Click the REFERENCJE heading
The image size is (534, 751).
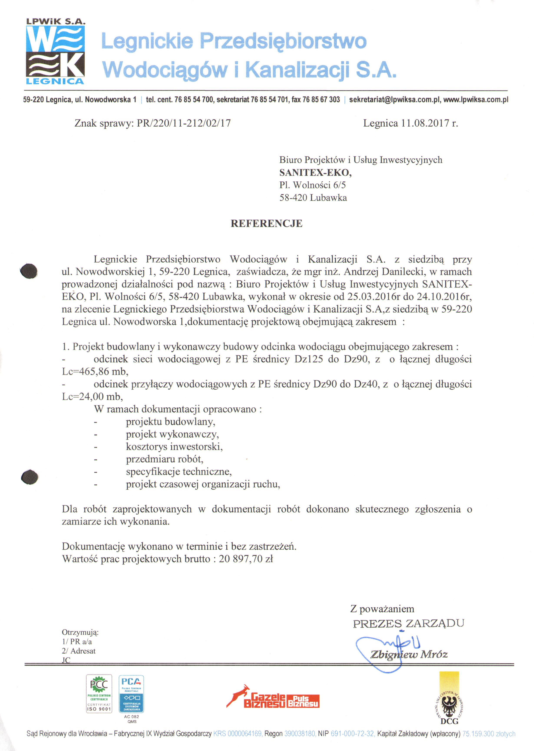pos(266,224)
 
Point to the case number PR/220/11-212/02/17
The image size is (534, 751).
pos(184,124)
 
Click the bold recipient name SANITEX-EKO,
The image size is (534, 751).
pos(315,172)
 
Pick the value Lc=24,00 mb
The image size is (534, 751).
pos(92,397)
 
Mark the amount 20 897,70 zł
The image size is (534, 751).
pos(246,559)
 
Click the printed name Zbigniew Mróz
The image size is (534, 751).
pos(409,654)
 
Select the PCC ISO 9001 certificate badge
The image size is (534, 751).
pos(99,693)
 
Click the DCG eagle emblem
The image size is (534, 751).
pos(449,703)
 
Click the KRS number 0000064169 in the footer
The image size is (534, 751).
pos(244,734)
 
